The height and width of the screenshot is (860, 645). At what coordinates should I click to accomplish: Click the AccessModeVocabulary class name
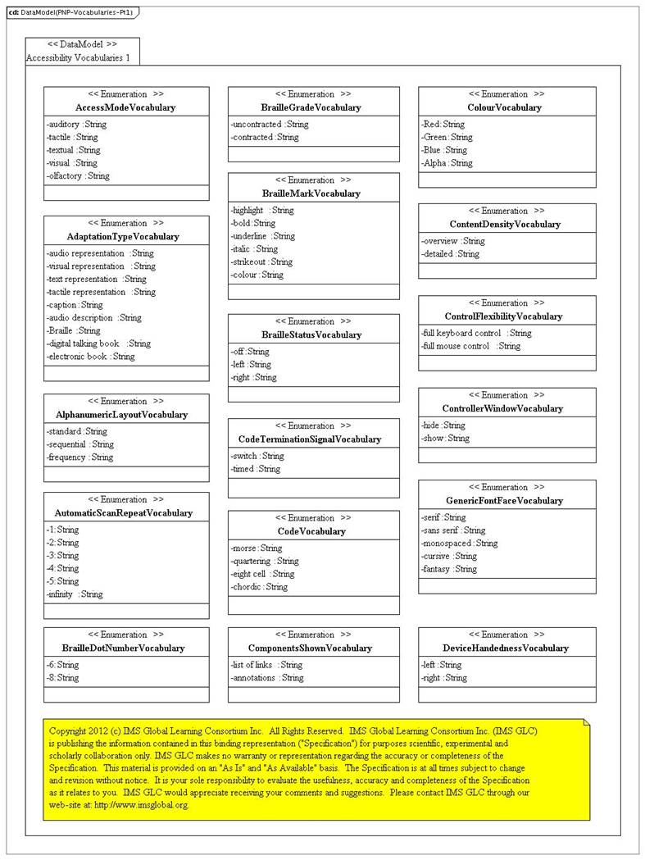125,107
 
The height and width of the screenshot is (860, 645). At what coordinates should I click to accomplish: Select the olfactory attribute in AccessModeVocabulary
78,175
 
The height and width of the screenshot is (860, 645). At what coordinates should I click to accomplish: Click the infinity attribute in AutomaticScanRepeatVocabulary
75,594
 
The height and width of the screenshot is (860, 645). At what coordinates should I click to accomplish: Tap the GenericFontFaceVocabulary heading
504,501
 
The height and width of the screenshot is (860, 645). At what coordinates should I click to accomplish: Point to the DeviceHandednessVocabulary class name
505,648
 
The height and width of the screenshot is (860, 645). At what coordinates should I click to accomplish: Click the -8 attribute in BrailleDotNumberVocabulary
62,678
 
